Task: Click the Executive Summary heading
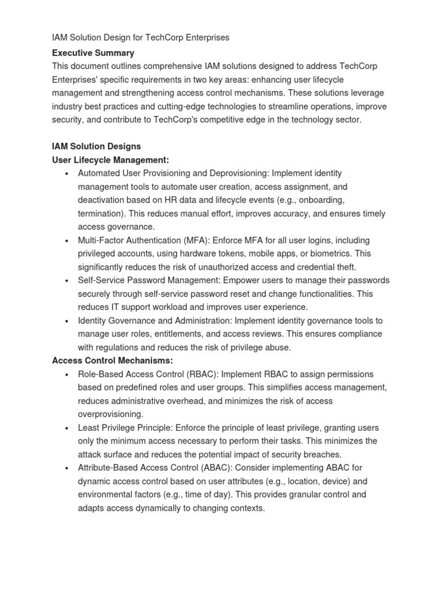pyautogui.click(x=93, y=53)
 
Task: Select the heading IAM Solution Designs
pyautogui.click(x=96, y=146)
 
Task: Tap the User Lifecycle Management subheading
pyautogui.click(x=110, y=160)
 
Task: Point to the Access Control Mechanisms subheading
pyautogui.click(x=112, y=361)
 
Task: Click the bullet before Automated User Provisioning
pyautogui.click(x=67, y=174)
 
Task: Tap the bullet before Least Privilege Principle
pyautogui.click(x=67, y=428)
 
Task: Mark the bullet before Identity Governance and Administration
pyautogui.click(x=67, y=321)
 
